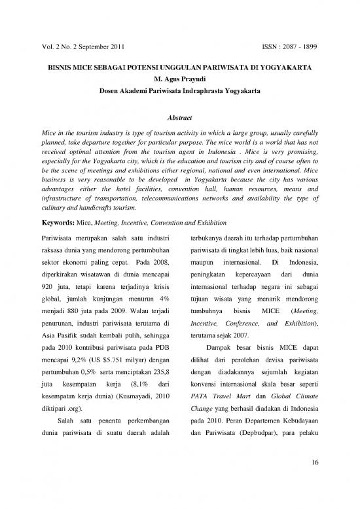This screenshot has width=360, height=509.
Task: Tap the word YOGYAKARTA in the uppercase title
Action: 286,67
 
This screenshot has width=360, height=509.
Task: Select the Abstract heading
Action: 179,117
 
